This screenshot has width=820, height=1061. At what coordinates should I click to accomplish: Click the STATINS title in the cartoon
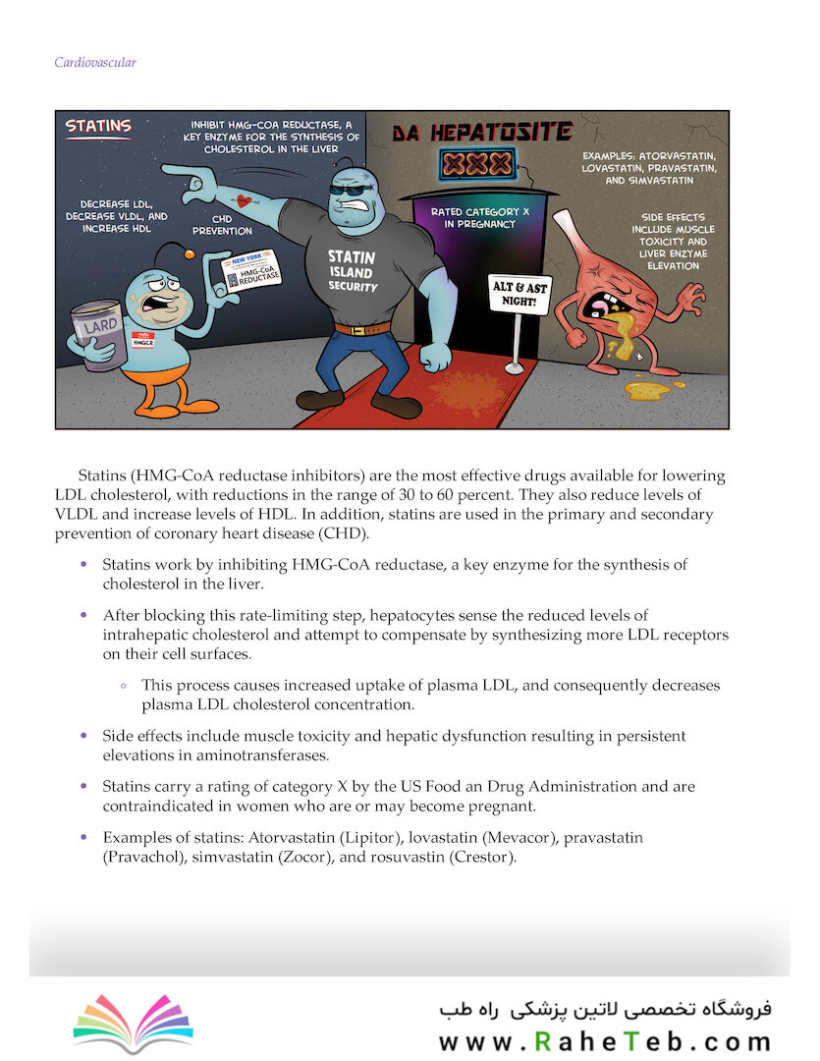[x=98, y=126]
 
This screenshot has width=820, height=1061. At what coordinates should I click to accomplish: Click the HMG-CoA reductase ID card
[x=252, y=270]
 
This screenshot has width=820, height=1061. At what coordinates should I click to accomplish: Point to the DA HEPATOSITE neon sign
[x=482, y=132]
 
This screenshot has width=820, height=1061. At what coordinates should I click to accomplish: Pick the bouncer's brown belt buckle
[x=363, y=329]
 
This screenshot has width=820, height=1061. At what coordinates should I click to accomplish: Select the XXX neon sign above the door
[x=476, y=163]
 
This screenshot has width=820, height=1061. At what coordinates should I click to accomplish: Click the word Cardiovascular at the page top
[x=95, y=63]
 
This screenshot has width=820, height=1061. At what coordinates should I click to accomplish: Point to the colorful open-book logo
[x=133, y=1017]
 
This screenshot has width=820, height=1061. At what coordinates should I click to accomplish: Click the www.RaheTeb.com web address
[x=605, y=1042]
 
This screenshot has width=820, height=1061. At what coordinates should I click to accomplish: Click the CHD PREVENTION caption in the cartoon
[x=221, y=225]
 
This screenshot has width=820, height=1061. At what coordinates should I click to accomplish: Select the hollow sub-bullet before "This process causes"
[x=124, y=685]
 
